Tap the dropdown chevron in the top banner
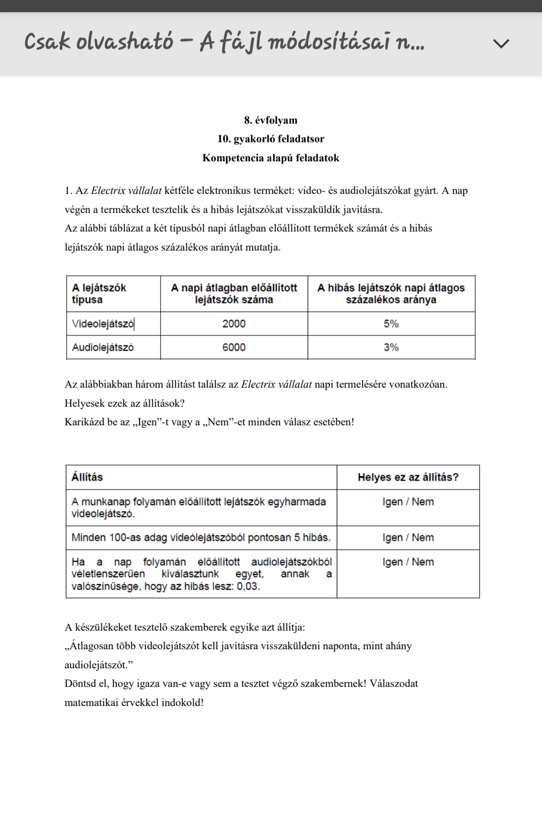tap(501, 44)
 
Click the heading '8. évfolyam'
tap(270, 120)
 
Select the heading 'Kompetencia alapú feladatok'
tap(270, 158)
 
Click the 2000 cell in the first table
tap(234, 324)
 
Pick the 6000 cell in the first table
tap(234, 347)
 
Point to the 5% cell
tap(391, 324)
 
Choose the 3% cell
tap(391, 347)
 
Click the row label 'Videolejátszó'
tap(103, 324)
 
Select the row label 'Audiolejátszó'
tap(103, 347)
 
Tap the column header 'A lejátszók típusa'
tap(99, 294)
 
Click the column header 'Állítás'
tap(87, 477)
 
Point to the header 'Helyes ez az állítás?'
tap(408, 477)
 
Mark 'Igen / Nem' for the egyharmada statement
tap(408, 502)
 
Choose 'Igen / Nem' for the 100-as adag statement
tap(408, 537)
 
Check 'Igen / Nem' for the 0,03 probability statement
tap(408, 562)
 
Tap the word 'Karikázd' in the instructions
tap(85, 422)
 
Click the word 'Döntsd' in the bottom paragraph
tap(81, 683)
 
